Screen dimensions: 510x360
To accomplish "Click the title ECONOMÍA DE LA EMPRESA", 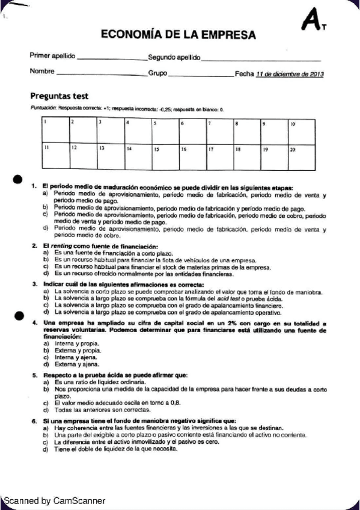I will (x=178, y=35).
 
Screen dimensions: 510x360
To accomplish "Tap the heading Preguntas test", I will (x=59, y=96).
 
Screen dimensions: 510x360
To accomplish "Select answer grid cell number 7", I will (x=220, y=130).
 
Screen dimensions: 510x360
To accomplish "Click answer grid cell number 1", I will (x=55, y=130).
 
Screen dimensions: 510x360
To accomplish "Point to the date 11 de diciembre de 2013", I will (x=290, y=74).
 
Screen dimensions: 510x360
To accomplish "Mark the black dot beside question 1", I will (x=18, y=179).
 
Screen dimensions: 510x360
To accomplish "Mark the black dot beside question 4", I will (x=19, y=314).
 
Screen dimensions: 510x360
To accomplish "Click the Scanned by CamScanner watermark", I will (x=54, y=500).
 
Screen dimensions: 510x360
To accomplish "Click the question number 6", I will (x=34, y=420).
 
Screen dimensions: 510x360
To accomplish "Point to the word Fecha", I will (x=245, y=74).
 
